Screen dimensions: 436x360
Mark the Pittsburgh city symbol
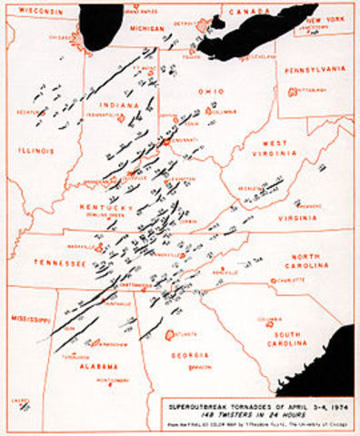click(x=292, y=91)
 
